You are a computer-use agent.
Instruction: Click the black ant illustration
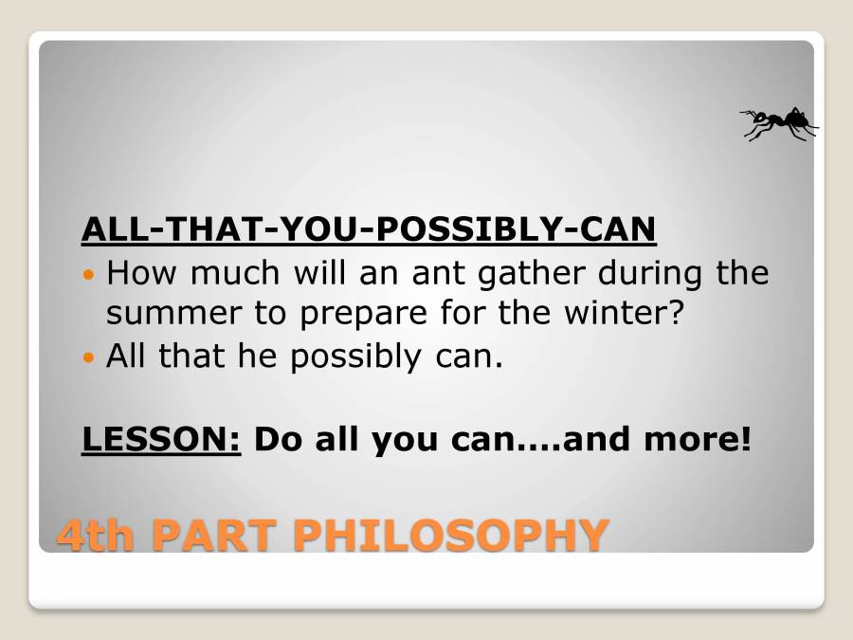point(779,123)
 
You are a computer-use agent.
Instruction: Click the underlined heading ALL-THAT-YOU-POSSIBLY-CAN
point(369,229)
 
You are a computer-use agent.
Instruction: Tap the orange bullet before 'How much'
point(90,274)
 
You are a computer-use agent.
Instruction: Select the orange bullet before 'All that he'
point(90,357)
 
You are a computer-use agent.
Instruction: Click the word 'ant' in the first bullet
point(429,274)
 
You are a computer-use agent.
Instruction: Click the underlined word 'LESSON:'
point(162,440)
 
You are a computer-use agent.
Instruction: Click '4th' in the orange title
point(97,535)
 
